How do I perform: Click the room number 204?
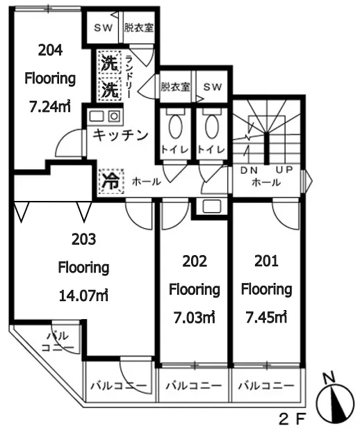point(50,50)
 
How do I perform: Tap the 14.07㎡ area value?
point(83,295)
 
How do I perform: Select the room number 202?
point(195,261)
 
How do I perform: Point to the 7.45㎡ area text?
point(266,317)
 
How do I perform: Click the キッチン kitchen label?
point(120,135)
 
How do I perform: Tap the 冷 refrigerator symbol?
point(111,181)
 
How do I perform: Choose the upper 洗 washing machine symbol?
point(109,63)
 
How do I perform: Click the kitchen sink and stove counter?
point(105,116)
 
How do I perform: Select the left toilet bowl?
point(175,127)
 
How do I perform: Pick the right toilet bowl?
point(212,127)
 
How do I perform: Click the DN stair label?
point(249,170)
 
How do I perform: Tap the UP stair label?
point(284,170)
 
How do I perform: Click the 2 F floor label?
point(292,419)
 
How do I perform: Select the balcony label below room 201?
point(266,386)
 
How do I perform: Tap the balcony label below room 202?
point(194,386)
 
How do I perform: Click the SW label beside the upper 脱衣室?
point(103,28)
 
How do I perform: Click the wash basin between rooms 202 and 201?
point(211,206)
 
